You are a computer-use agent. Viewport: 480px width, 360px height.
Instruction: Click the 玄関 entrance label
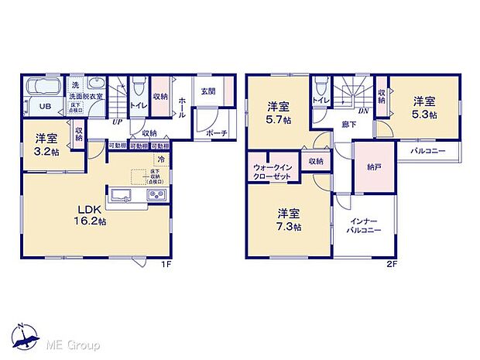(x=208, y=91)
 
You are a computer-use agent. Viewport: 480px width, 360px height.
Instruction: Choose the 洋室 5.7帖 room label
(x=279, y=112)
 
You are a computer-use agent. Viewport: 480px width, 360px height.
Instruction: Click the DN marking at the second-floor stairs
(x=362, y=110)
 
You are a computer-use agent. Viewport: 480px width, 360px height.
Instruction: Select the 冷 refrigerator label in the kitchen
(x=161, y=160)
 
